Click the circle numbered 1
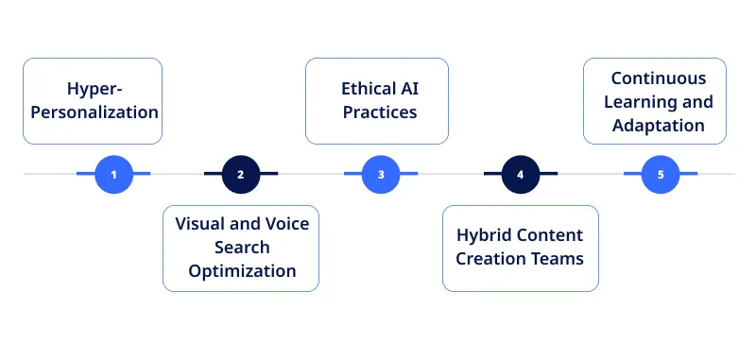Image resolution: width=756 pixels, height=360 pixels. pyautogui.click(x=113, y=174)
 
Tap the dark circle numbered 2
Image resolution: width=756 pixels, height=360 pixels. pyautogui.click(x=240, y=174)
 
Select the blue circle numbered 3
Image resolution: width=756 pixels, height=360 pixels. pyautogui.click(x=380, y=174)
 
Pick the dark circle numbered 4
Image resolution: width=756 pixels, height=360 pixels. pyautogui.click(x=520, y=174)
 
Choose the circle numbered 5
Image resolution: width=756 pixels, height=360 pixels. pyautogui.click(x=660, y=174)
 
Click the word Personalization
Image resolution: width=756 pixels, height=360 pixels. pyautogui.click(x=92, y=112)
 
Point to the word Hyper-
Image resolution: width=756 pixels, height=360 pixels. pyautogui.click(x=93, y=89)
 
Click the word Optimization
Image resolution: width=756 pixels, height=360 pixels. pyautogui.click(x=242, y=271)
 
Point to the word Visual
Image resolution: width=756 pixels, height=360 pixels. pyautogui.click(x=202, y=224)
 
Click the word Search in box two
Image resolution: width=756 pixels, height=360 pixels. pyautogui.click(x=242, y=248)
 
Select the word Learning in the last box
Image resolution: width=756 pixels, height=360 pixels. pyautogui.click(x=637, y=101)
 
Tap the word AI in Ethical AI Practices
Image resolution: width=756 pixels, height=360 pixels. pyautogui.click(x=406, y=89)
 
